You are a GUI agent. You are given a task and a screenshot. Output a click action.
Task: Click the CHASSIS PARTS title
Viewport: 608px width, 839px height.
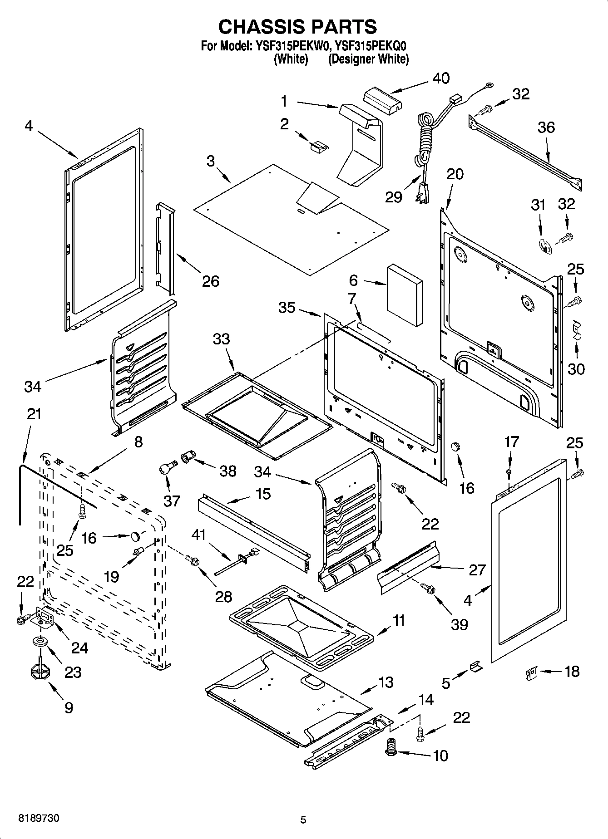[297, 27]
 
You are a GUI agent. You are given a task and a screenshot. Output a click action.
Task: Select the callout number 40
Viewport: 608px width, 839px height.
[440, 78]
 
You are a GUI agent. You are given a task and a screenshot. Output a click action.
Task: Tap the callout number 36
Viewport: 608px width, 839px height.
[546, 128]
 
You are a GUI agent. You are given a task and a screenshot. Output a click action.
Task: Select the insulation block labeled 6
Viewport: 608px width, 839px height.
[404, 295]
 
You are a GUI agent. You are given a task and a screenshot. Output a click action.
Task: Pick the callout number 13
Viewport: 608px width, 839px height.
[386, 682]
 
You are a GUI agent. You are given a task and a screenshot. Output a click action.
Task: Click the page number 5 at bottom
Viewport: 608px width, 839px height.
[303, 819]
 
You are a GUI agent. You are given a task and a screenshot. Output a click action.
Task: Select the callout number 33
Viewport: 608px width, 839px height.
[222, 339]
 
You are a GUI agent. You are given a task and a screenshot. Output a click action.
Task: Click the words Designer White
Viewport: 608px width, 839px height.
[368, 59]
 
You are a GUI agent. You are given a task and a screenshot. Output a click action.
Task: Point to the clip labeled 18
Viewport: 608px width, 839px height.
[531, 672]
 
